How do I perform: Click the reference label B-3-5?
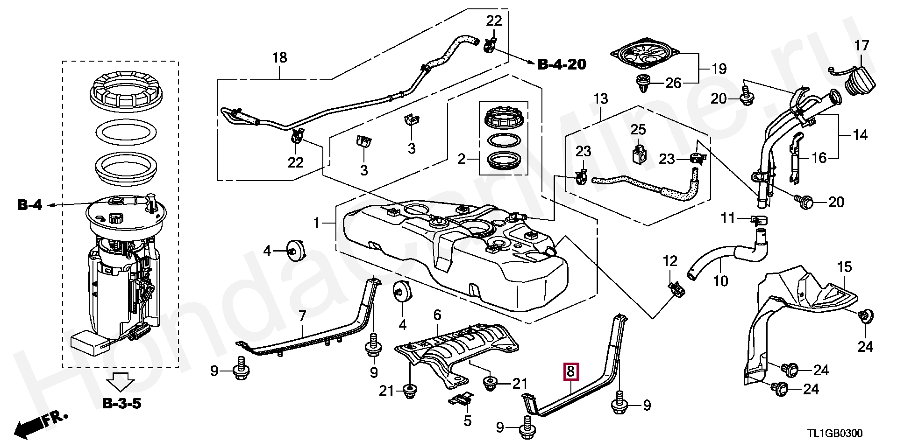pyautogui.click(x=121, y=403)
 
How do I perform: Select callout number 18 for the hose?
pyautogui.click(x=279, y=58)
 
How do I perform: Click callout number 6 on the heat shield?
pyautogui.click(x=437, y=315)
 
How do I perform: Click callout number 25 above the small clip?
pyautogui.click(x=638, y=129)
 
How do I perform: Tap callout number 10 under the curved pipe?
pyautogui.click(x=721, y=281)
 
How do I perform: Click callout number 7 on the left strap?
pyautogui.click(x=302, y=316)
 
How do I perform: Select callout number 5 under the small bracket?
pyautogui.click(x=467, y=421)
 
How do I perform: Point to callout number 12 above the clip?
pyautogui.click(x=670, y=261)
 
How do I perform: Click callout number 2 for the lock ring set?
pyautogui.click(x=462, y=160)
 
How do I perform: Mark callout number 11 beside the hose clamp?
pyautogui.click(x=728, y=218)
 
